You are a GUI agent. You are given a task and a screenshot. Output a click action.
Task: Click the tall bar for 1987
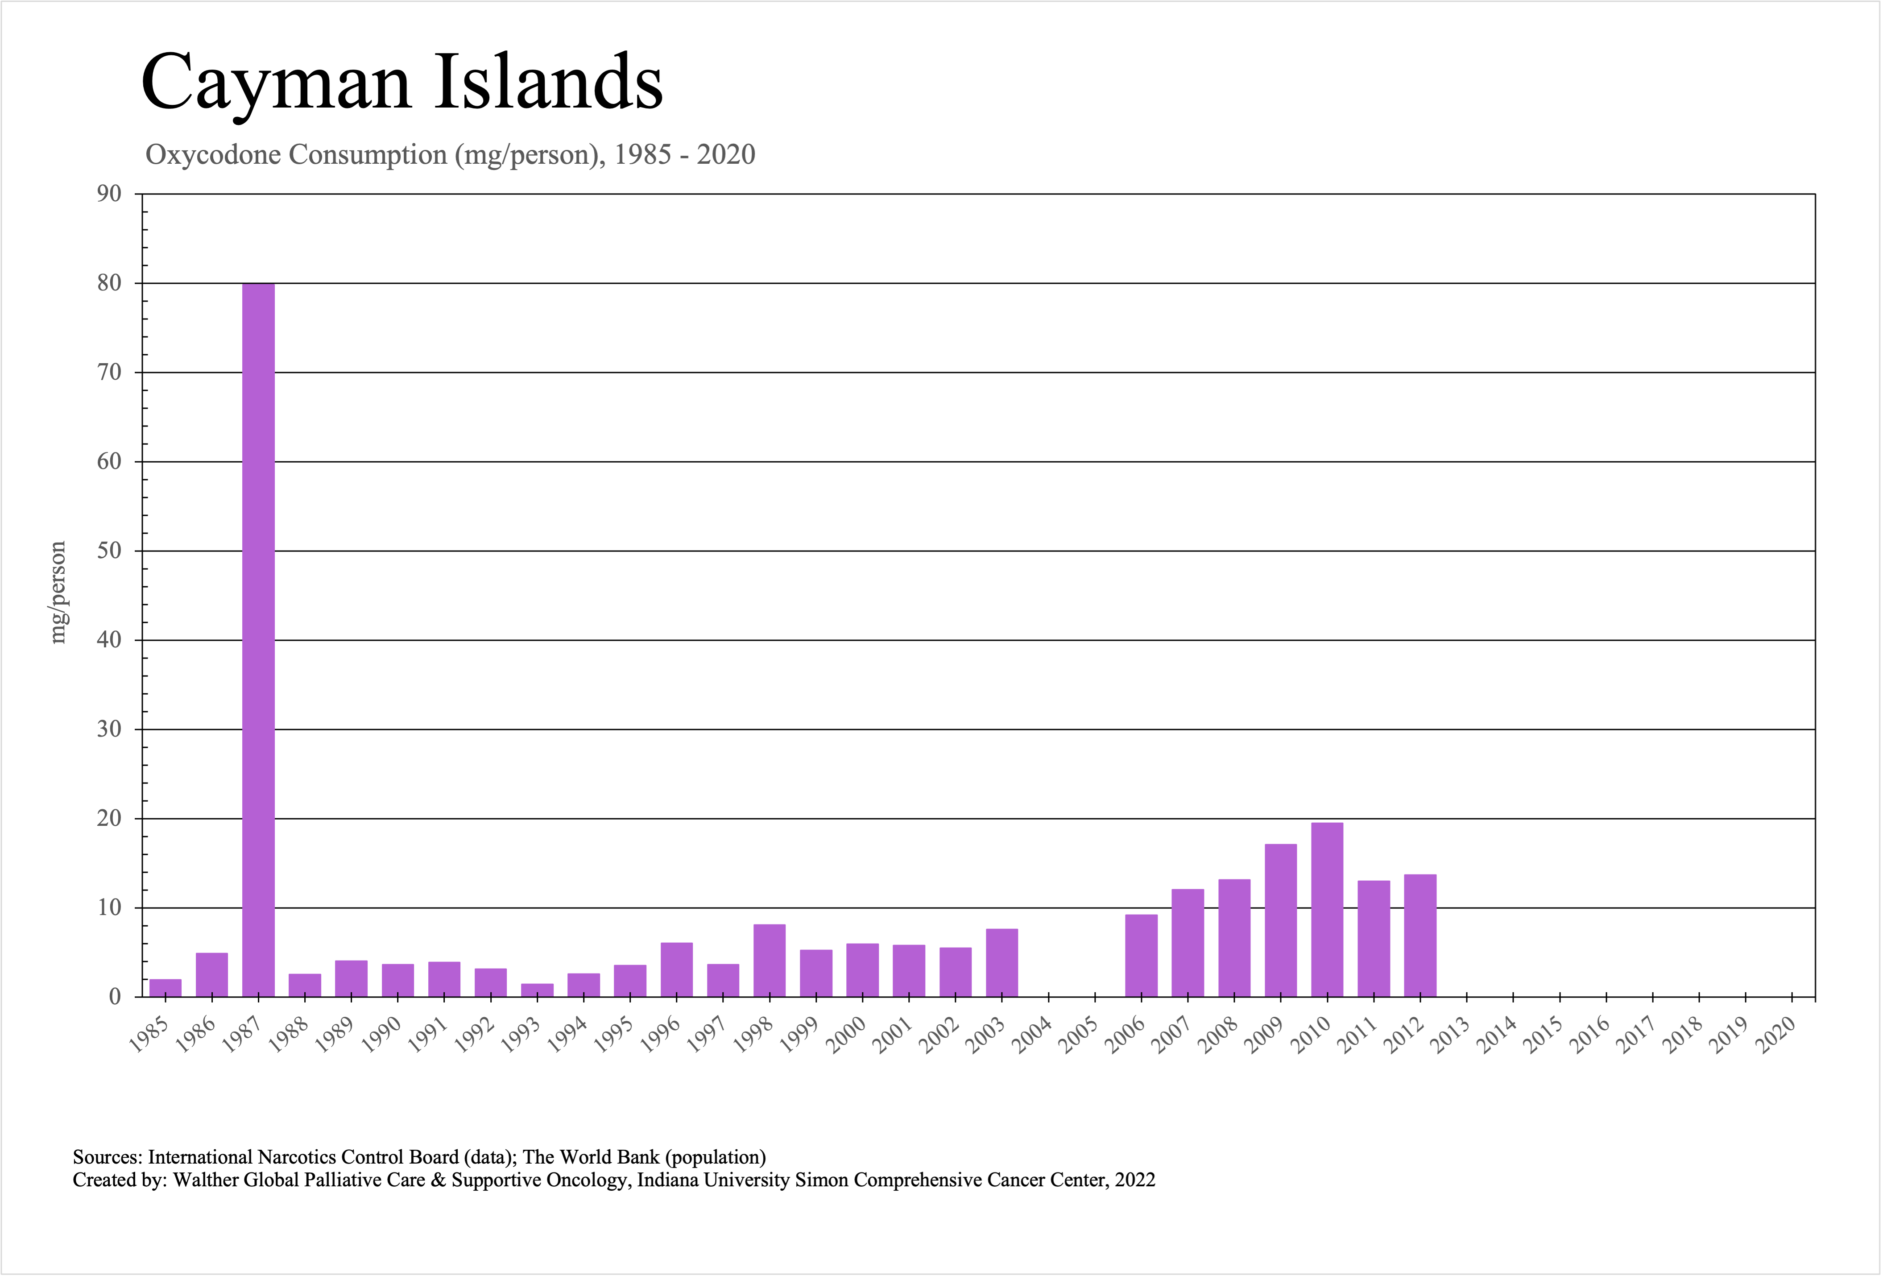tap(258, 640)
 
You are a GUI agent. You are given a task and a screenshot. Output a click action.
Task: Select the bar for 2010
tap(1327, 910)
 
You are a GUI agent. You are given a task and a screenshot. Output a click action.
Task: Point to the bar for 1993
tap(537, 990)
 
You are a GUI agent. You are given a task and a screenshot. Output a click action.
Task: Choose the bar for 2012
tap(1420, 936)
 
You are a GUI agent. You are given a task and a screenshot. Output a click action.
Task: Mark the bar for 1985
tap(166, 988)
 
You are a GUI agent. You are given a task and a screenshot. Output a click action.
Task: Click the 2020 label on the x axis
tap(1778, 1035)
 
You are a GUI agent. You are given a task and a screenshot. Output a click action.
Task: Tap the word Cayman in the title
tap(276, 83)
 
